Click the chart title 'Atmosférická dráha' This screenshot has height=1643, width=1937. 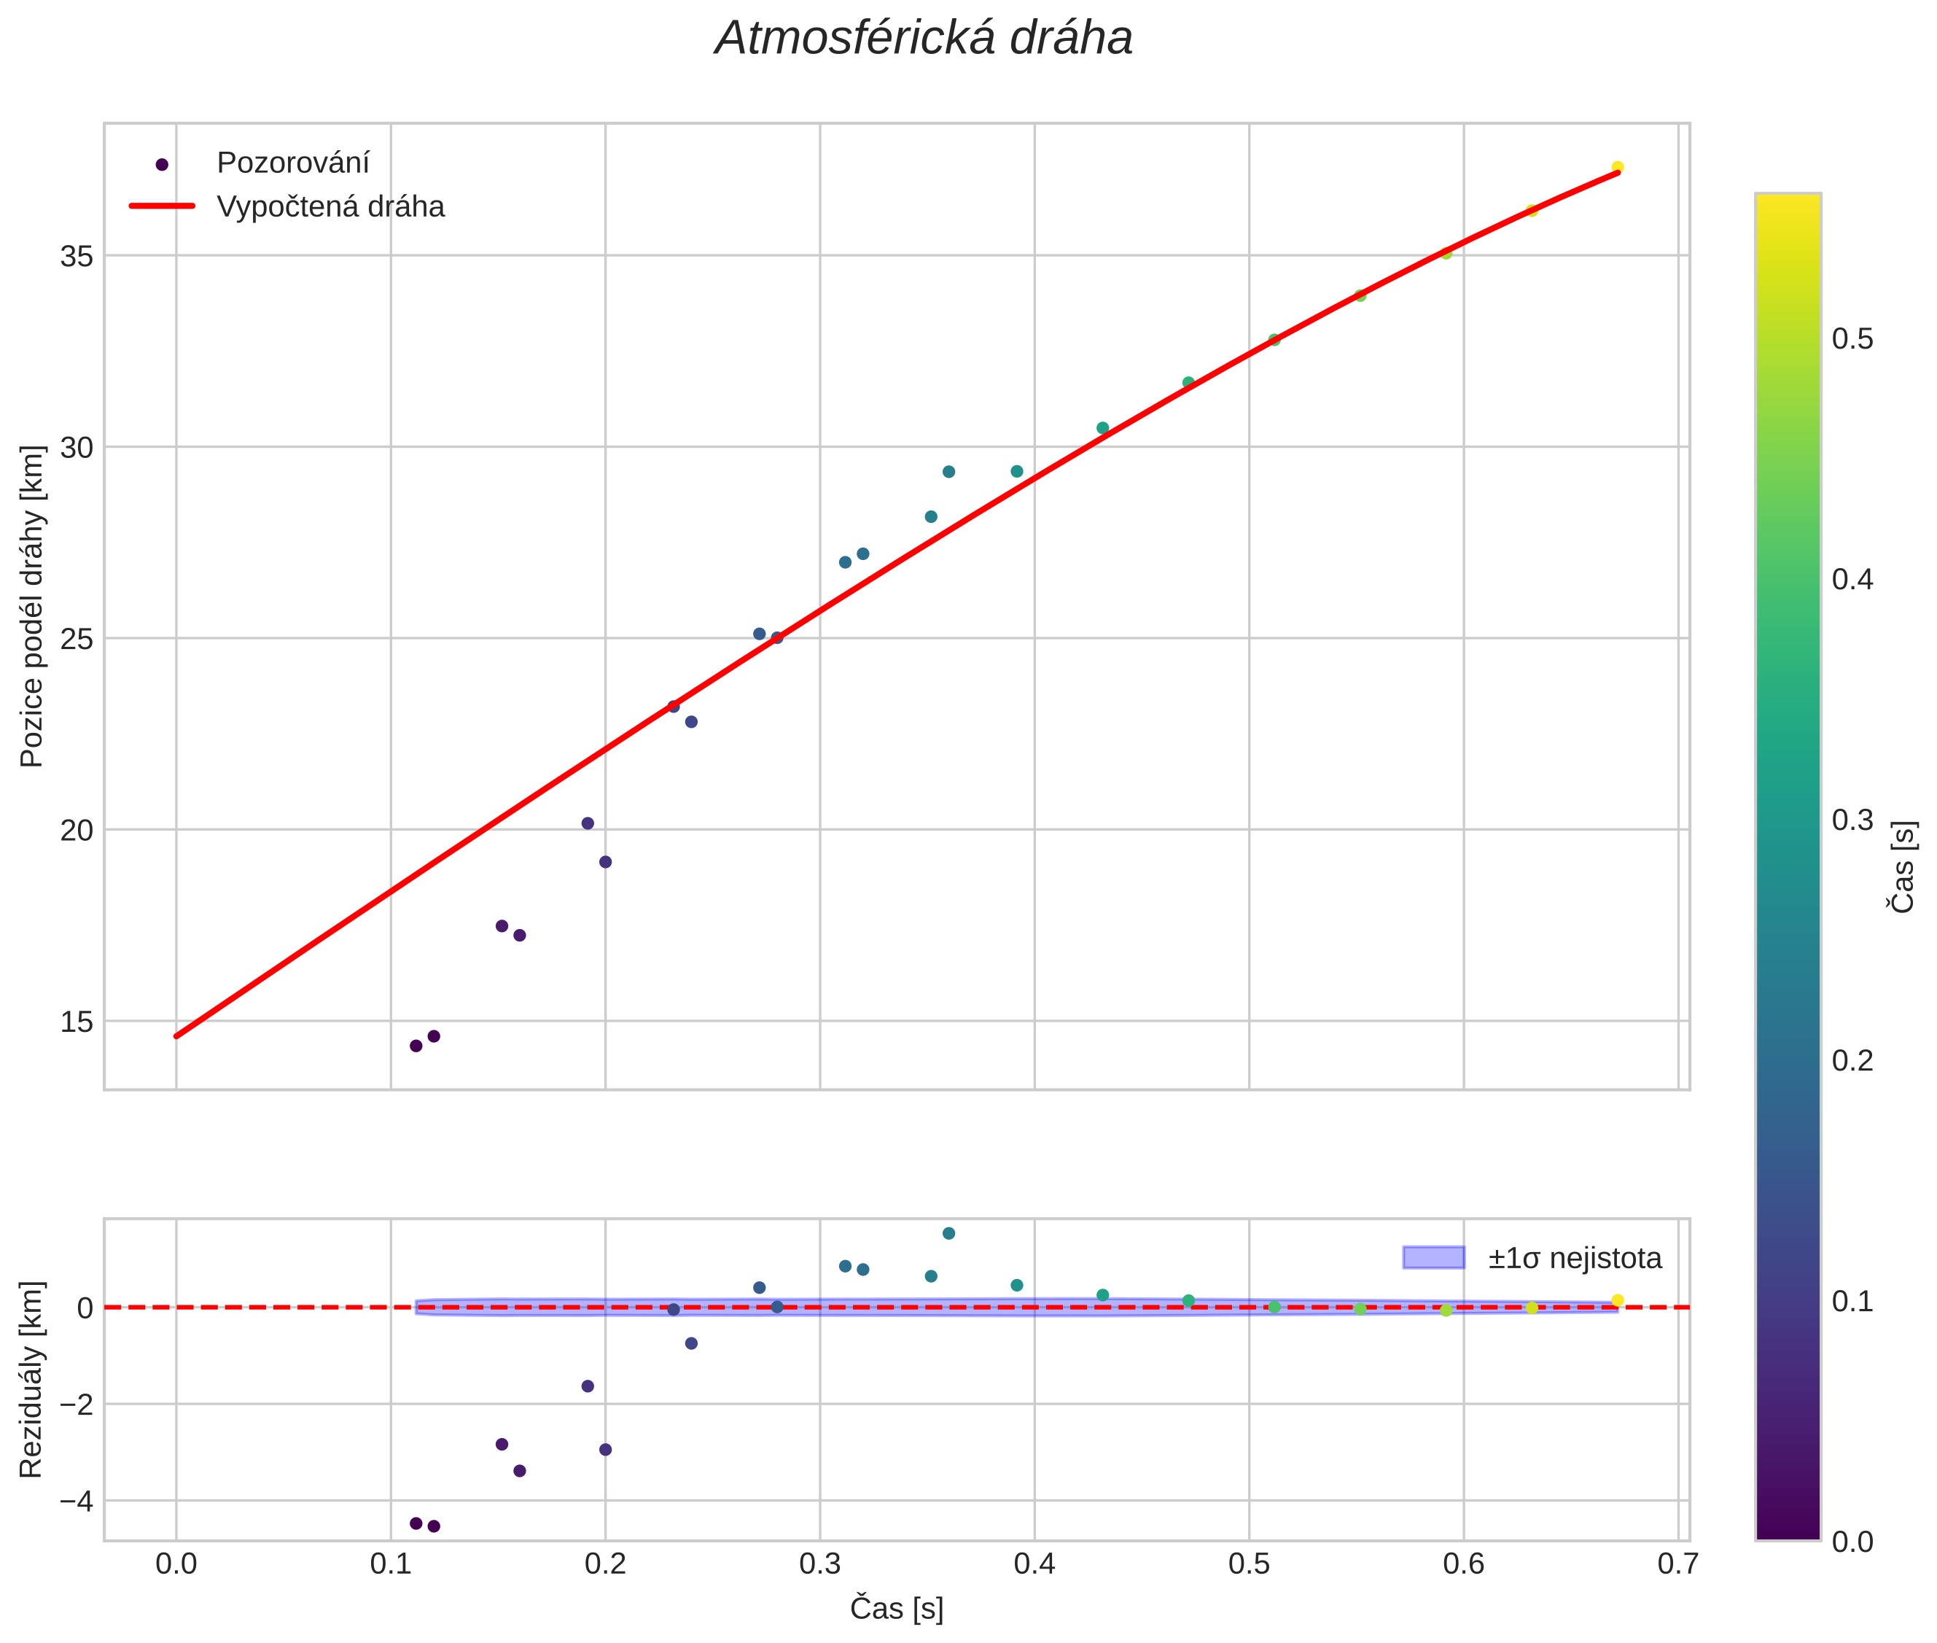coord(923,39)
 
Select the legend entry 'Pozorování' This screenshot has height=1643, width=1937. coord(292,163)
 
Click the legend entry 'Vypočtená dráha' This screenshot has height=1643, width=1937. coord(330,207)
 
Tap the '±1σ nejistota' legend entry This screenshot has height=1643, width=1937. coord(1574,1259)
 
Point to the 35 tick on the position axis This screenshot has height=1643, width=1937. coord(77,256)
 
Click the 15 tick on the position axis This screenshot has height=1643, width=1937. coord(77,1022)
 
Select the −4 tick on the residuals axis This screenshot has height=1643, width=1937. coord(74,1502)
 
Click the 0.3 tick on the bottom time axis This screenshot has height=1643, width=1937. coord(819,1564)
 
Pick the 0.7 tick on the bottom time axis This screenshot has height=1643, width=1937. coord(1677,1564)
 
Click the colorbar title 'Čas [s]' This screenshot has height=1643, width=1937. coord(1903,867)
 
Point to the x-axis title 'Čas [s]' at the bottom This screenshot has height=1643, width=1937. coord(896,1609)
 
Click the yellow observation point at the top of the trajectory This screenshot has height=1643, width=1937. coord(1618,168)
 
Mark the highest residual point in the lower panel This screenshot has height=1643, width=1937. coord(948,1233)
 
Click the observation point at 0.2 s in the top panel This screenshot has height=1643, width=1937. coord(605,861)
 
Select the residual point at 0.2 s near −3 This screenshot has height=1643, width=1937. coord(605,1449)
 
